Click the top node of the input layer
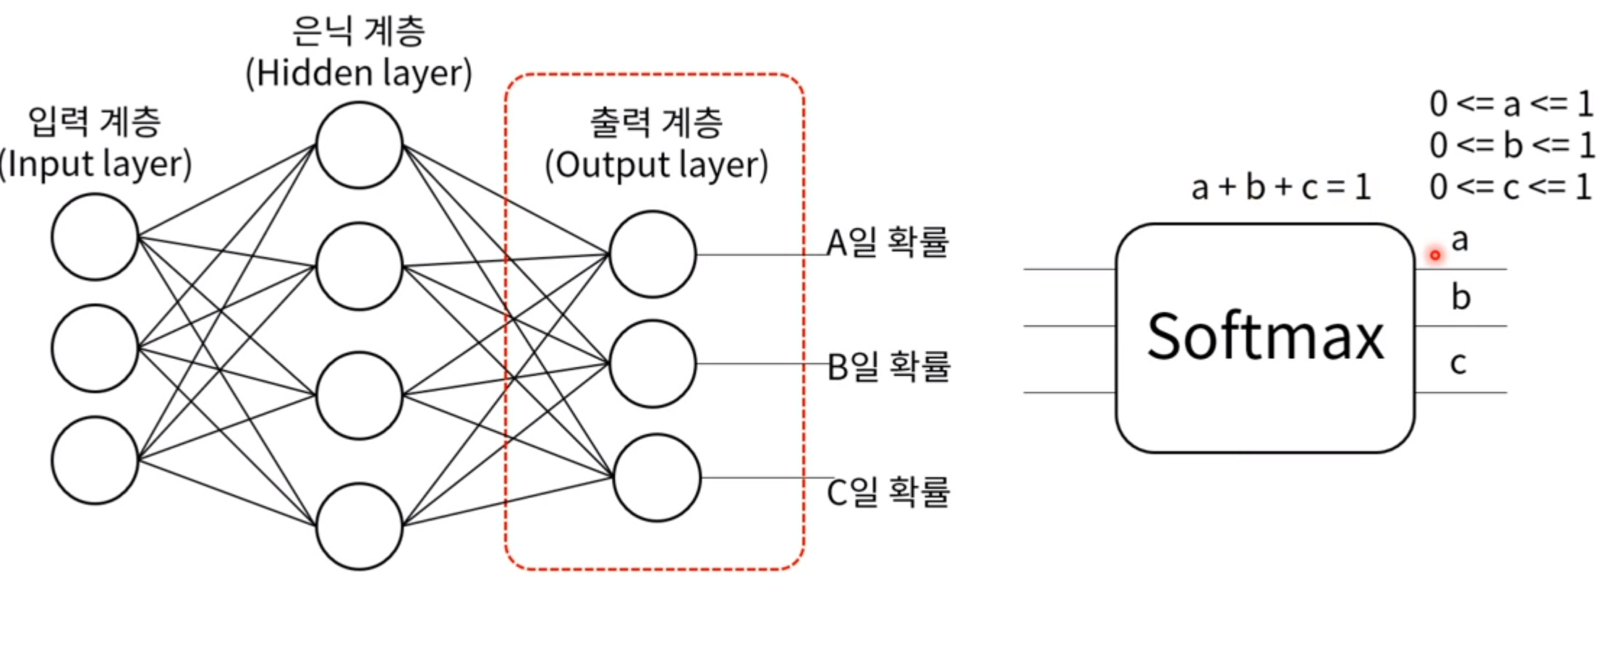point(95,237)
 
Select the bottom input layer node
point(95,460)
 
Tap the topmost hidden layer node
point(359,145)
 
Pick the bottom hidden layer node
point(359,526)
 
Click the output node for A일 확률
point(652,254)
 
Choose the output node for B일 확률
point(652,363)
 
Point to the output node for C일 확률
point(657,478)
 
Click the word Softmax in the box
point(1265,336)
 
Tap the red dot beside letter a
point(1435,255)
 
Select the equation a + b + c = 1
point(1280,188)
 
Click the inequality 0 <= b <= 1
point(1512,145)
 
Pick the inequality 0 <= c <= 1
point(1512,187)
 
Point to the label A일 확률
point(888,242)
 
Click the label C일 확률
point(888,492)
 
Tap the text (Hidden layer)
point(359,73)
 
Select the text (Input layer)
point(95,164)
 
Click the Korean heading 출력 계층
point(656,122)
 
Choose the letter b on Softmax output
point(1460,297)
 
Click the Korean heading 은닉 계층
point(359,31)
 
